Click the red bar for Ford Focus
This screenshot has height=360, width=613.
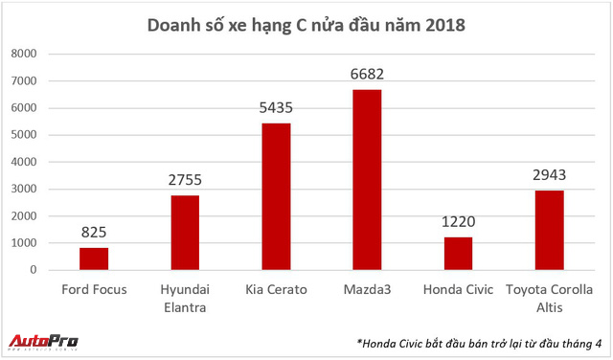click(94, 259)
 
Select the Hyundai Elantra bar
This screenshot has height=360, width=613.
click(185, 233)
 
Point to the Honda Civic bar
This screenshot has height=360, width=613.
click(458, 253)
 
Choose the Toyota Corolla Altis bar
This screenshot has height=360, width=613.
click(549, 230)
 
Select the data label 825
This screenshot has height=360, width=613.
click(94, 234)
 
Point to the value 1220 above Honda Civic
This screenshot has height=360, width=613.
click(458, 223)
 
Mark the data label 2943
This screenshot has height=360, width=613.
click(549, 176)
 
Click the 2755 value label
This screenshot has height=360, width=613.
click(185, 181)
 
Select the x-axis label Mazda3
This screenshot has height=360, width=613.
click(367, 288)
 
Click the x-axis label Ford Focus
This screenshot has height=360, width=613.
click(94, 288)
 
